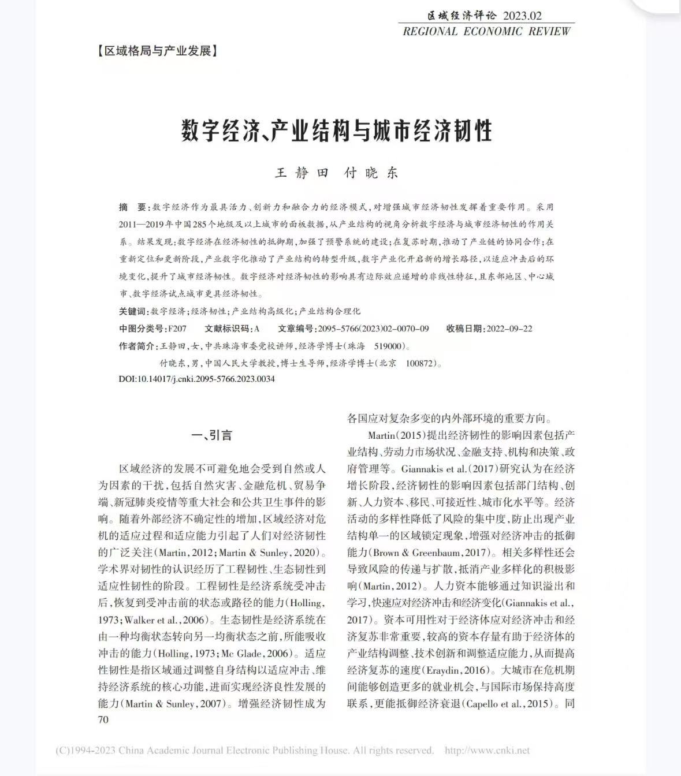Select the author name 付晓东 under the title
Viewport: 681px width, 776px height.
click(371, 173)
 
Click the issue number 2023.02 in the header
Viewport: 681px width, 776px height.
click(522, 16)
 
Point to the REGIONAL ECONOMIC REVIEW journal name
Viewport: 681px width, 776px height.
click(486, 31)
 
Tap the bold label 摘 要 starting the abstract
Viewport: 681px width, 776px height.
click(133, 207)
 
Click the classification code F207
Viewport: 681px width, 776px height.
click(177, 329)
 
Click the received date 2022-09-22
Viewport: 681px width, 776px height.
click(509, 329)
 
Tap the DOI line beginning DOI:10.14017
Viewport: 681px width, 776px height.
click(196, 379)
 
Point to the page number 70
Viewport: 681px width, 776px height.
click(103, 719)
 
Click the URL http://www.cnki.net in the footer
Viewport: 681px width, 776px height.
click(487, 751)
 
